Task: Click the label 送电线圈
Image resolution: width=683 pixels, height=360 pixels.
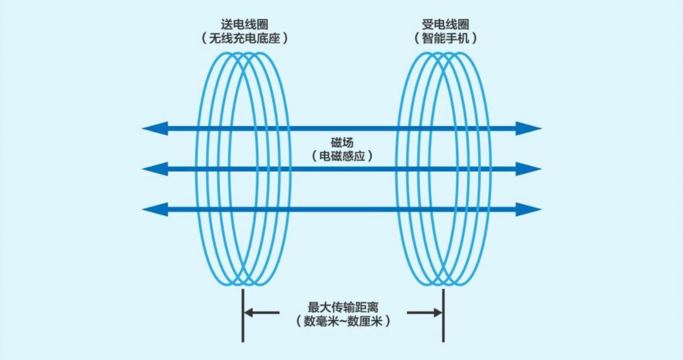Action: [x=244, y=25]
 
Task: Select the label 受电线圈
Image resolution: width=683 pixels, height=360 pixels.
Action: [x=445, y=25]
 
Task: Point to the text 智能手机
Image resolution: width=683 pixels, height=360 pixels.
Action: [x=445, y=38]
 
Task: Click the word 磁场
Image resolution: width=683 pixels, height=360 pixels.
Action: [x=342, y=143]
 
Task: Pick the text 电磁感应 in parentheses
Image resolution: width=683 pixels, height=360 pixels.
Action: [x=342, y=156]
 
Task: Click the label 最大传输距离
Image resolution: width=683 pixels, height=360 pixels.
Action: [x=343, y=307]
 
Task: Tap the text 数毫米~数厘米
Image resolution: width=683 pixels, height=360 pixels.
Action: [x=343, y=321]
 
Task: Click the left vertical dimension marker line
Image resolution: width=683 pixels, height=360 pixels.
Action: [x=242, y=315]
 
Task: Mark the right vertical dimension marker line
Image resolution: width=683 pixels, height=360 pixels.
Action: [x=443, y=315]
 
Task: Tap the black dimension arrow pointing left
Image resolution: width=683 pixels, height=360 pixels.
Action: [x=262, y=312]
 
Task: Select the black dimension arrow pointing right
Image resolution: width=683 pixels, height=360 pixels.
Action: [x=425, y=312]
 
